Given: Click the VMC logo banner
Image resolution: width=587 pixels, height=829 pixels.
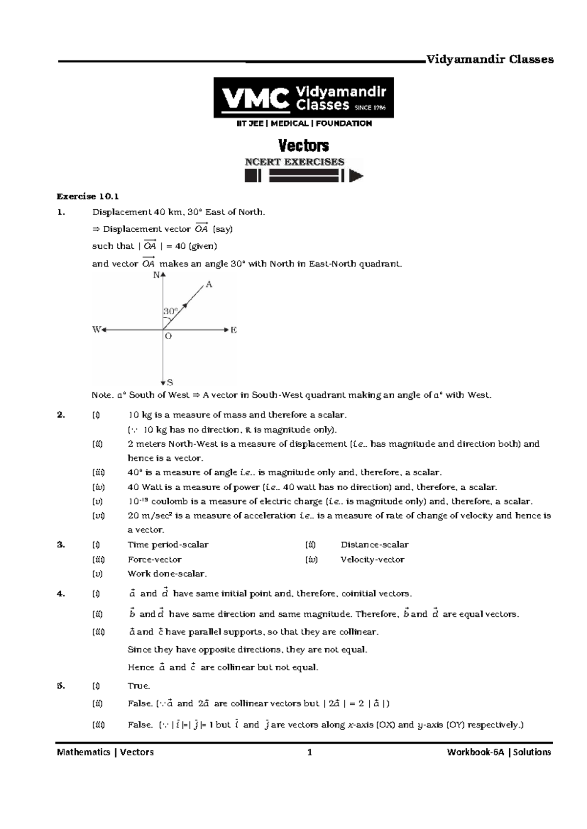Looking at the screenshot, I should [303, 98].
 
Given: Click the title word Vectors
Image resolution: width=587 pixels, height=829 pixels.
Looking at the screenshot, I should [303, 146].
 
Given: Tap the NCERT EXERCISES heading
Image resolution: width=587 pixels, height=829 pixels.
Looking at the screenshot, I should [294, 162].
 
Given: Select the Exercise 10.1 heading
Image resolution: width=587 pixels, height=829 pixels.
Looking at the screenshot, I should [88, 196].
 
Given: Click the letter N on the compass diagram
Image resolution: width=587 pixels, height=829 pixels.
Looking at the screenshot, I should [156, 275].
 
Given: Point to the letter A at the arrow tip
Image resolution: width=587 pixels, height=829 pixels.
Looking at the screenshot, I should [209, 284].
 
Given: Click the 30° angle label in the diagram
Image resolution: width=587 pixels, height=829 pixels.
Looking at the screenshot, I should [170, 311].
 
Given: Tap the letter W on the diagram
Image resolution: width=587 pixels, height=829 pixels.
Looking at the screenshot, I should [96, 330].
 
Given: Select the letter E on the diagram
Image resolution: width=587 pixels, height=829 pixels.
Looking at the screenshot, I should [233, 330].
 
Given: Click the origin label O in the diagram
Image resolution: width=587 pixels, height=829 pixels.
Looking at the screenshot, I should [168, 337].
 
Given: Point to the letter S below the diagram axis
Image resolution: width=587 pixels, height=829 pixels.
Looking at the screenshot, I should [170, 382].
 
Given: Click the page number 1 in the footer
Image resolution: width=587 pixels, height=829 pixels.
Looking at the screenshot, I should [309, 752].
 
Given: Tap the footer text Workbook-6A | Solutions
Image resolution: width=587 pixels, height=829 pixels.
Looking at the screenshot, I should [498, 752].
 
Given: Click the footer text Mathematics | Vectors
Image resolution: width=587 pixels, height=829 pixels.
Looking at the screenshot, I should [105, 752].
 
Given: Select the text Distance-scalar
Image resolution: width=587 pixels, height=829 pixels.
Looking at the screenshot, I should [374, 545].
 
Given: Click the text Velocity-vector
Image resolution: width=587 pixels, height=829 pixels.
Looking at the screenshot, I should [372, 560].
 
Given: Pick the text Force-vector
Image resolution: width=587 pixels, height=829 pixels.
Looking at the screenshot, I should [154, 560].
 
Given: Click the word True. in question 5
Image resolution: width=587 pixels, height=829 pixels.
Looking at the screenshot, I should [138, 686].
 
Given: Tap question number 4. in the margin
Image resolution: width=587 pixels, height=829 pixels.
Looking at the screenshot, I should [61, 594].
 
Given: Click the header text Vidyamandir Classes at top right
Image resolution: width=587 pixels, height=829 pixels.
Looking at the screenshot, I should [490, 60].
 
